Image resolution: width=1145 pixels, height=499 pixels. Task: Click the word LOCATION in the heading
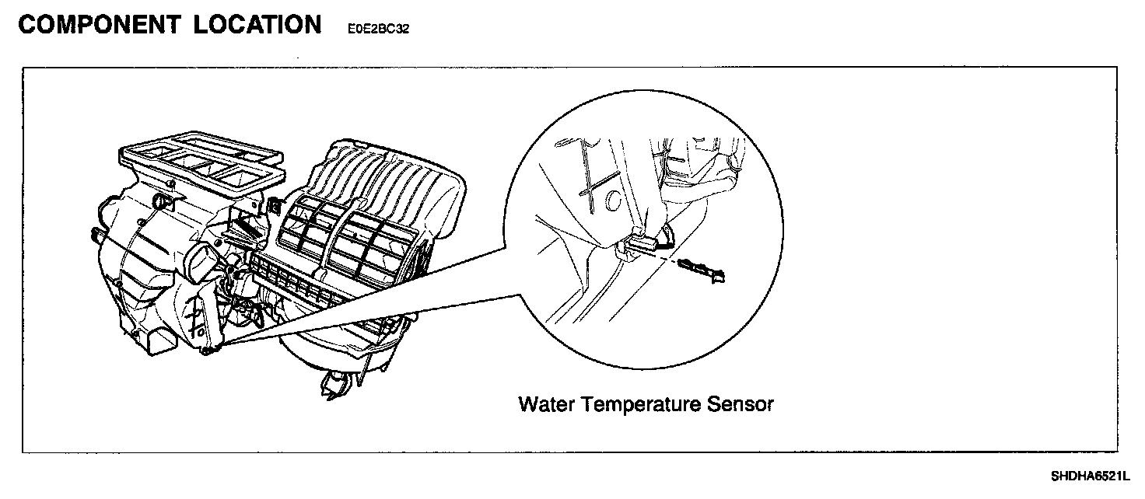pyautogui.click(x=257, y=25)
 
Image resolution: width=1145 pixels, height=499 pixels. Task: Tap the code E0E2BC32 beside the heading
pyautogui.click(x=373, y=30)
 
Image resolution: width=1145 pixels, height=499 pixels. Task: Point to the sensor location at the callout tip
pyautogui.click(x=208, y=351)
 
